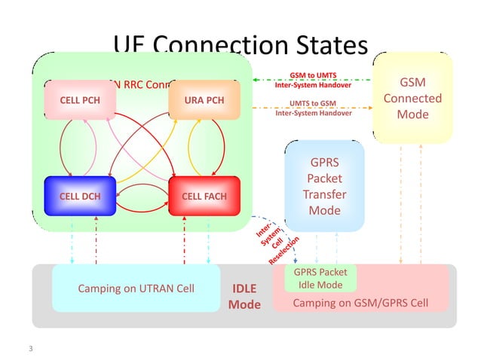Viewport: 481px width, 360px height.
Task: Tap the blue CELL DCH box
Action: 79,197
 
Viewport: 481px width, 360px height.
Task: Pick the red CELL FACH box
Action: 204,197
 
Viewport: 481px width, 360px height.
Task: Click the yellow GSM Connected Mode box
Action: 412,98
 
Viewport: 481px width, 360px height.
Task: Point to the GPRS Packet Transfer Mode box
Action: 325,186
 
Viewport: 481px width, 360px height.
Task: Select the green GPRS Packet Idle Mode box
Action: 320,279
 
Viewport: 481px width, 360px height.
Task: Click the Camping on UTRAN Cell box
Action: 136,288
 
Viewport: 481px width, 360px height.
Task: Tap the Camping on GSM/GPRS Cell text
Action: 360,303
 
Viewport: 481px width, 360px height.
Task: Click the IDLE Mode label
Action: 244,296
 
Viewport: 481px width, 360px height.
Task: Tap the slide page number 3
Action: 31,349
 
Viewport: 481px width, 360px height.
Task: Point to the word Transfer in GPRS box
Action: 325,194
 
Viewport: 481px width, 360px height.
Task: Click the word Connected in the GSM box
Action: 412,98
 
